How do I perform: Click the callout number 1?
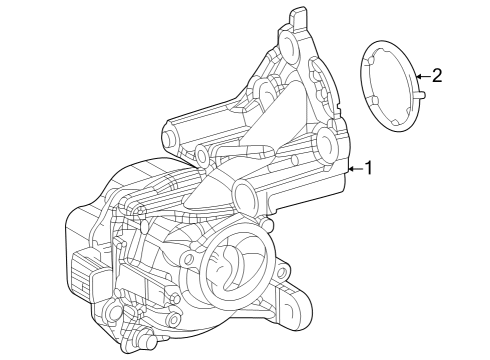pos(368,168)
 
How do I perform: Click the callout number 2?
pos(437,76)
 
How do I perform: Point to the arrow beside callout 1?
pos(356,169)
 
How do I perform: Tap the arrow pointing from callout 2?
pos(423,76)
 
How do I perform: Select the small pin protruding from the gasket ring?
pos(420,95)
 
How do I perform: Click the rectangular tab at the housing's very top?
pos(298,16)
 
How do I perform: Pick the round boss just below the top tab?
pos(288,43)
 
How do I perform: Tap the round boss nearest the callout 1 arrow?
pos(326,144)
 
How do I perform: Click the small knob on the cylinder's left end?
pos(168,138)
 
